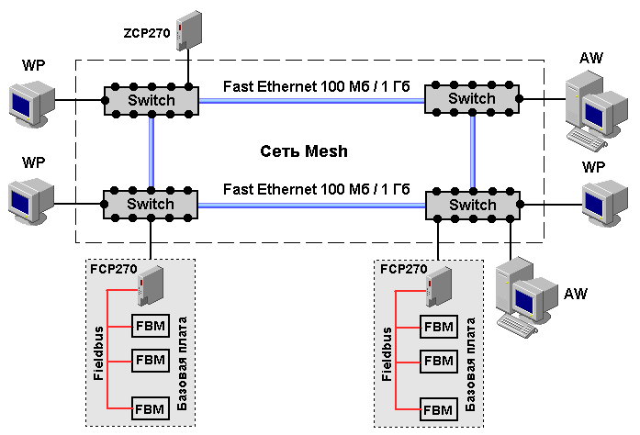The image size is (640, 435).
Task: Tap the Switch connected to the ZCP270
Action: (151, 99)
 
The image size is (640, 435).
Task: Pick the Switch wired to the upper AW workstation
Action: (472, 98)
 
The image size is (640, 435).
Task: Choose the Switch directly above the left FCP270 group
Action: (151, 204)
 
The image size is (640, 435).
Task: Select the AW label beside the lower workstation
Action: (577, 294)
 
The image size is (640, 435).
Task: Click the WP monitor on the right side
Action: (601, 202)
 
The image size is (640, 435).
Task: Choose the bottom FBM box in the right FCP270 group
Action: (438, 408)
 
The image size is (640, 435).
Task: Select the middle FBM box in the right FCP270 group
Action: (438, 360)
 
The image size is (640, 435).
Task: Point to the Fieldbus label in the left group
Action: (98, 353)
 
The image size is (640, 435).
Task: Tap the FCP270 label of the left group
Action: (113, 270)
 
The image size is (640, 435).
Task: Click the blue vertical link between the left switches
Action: (151, 151)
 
